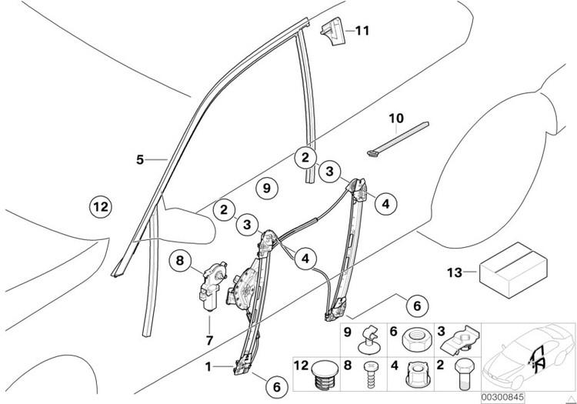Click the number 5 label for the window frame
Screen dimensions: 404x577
point(139,159)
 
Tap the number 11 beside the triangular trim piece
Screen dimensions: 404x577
point(362,31)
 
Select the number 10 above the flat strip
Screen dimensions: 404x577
point(395,119)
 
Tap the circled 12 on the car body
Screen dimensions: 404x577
point(100,206)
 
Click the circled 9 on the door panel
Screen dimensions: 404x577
point(265,187)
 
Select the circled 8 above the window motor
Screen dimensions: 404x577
point(179,262)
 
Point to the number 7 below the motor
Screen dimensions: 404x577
point(208,339)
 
